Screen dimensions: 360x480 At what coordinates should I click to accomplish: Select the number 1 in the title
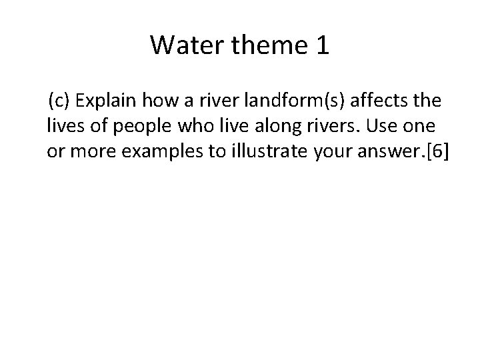click(x=321, y=45)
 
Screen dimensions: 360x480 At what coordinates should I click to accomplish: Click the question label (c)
click(x=59, y=101)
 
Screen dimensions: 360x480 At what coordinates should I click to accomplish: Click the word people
click(x=125, y=125)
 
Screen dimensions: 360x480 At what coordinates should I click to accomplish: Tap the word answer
click(x=379, y=151)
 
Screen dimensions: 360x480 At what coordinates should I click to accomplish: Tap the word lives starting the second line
click(x=62, y=125)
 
